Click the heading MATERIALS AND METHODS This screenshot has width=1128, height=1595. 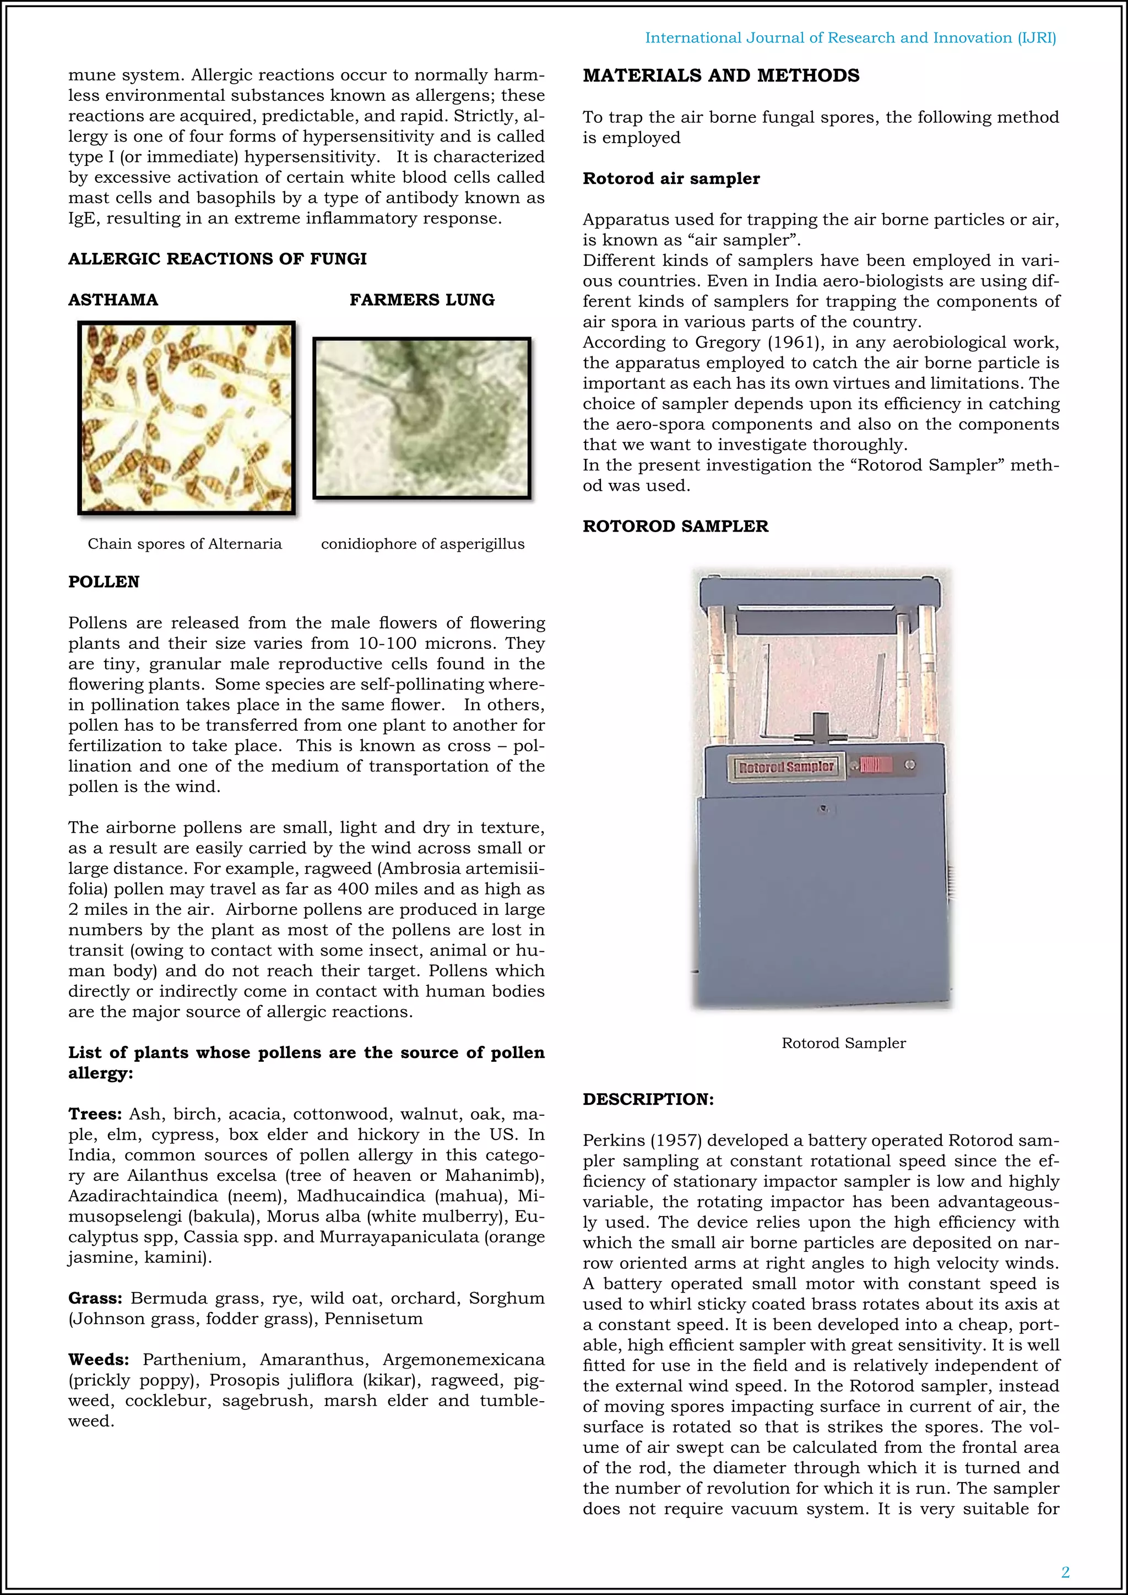coord(720,75)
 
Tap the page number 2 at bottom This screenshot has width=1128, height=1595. coord(1065,1572)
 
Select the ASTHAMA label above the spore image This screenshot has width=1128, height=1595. coord(113,300)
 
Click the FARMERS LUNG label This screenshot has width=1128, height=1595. coord(421,300)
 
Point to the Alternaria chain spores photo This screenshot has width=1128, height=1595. coord(186,417)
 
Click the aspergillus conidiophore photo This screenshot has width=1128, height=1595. coord(421,417)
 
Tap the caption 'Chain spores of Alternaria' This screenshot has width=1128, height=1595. coord(185,544)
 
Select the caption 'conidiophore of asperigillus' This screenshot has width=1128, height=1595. coord(422,544)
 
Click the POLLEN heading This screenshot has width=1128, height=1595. coord(104,582)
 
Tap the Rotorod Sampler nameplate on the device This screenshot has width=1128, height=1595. coord(785,767)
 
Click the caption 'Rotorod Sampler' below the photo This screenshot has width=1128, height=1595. coord(843,1044)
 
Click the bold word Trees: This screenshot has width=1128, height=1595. coord(95,1114)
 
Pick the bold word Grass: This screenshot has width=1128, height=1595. coord(95,1298)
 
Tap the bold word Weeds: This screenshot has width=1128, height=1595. coord(99,1359)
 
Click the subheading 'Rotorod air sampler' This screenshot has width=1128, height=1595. coord(671,179)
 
